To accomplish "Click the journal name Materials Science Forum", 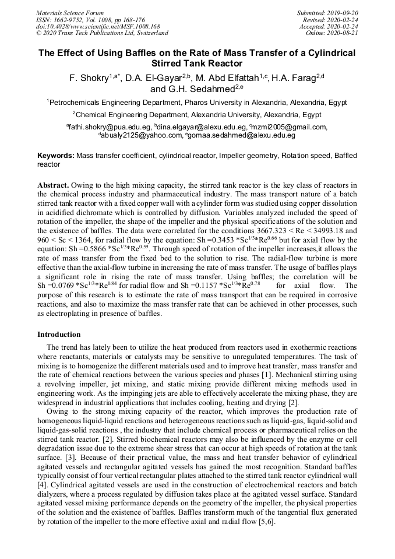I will pyautogui.click(x=70, y=13).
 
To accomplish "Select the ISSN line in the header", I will pyautogui.click(x=90, y=20).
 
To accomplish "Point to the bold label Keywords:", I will pyautogui.click(x=56, y=156).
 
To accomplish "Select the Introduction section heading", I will pyautogui.click(x=59, y=335).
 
